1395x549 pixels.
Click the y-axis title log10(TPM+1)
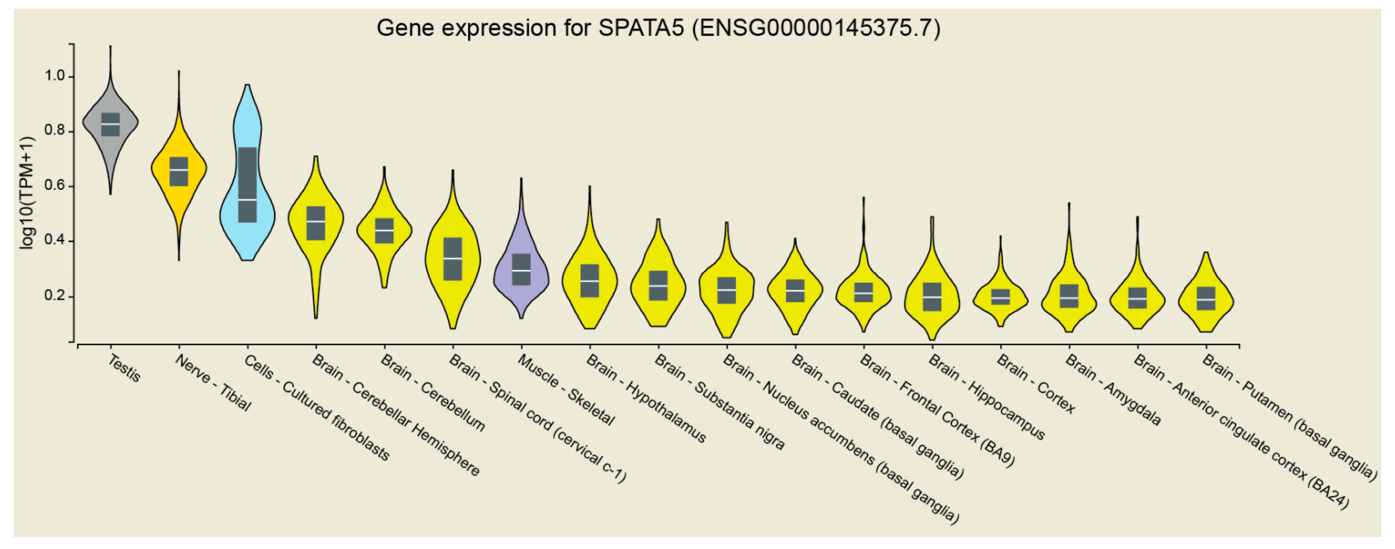click(x=27, y=193)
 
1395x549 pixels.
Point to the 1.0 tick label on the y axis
click(x=55, y=76)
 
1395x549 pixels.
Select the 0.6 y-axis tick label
click(x=55, y=186)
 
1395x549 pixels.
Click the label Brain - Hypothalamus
click(x=646, y=398)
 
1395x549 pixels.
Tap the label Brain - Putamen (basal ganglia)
click(x=1289, y=417)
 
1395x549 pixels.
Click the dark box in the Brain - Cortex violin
click(x=1000, y=297)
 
